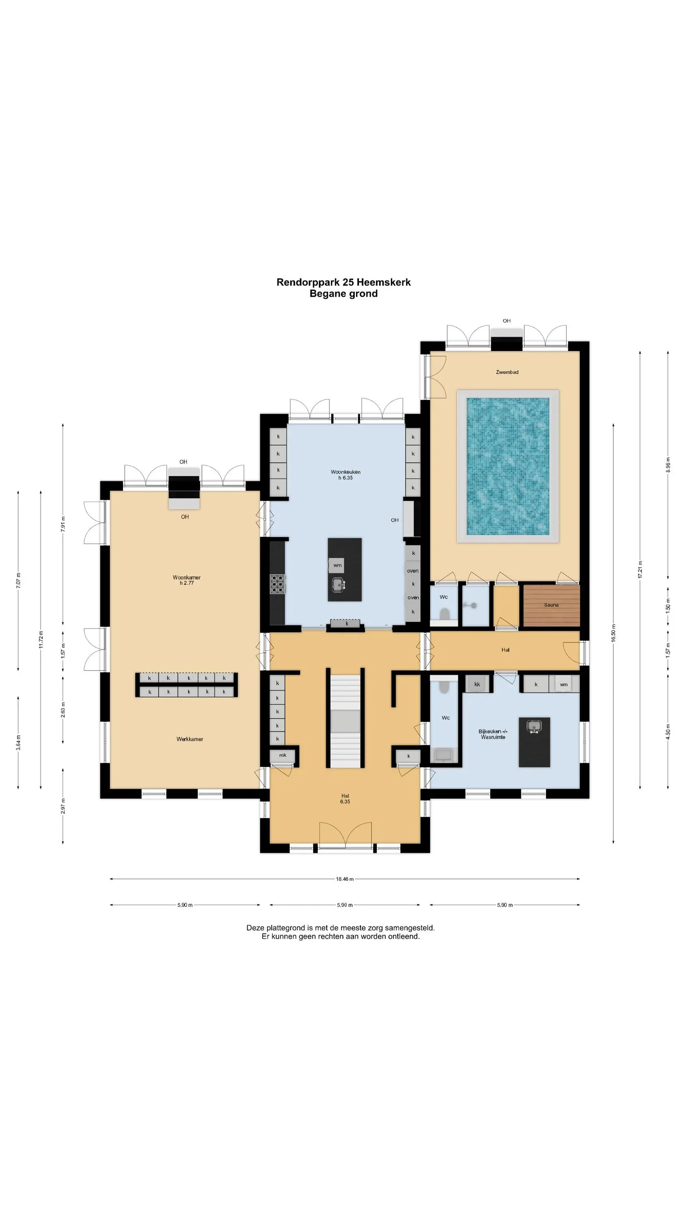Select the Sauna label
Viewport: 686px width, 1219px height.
tap(551, 605)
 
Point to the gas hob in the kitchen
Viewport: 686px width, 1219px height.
tap(278, 584)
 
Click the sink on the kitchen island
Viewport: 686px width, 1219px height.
tap(338, 585)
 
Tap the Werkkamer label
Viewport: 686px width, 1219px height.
tap(189, 739)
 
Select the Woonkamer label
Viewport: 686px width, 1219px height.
tap(187, 577)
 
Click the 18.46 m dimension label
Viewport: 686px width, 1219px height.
tap(345, 879)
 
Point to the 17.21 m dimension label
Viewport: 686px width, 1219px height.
tap(640, 570)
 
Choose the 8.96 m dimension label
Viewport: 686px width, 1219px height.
tap(668, 465)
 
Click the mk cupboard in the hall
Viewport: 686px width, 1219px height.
tap(282, 755)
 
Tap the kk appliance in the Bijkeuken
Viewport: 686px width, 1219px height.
tap(477, 684)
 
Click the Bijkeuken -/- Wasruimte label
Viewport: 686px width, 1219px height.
tap(493, 734)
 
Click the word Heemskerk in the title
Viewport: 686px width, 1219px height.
tap(384, 282)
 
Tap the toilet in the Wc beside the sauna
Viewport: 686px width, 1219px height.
tap(444, 615)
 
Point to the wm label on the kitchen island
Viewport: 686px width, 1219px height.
tap(337, 566)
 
